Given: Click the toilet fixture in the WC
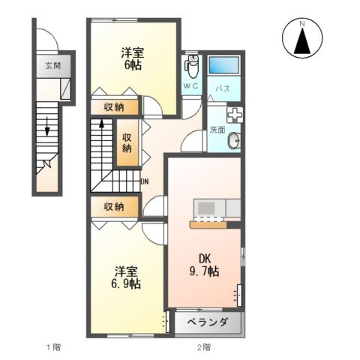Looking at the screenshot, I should [191, 67].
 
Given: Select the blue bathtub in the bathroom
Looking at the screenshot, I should [223, 65].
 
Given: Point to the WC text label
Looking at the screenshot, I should [191, 88].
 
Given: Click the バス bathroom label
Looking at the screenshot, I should [223, 88].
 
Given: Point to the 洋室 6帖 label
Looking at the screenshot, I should [133, 59].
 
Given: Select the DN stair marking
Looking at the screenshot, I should [144, 181].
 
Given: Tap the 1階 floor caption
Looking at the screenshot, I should [52, 347].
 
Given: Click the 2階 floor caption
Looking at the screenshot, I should [204, 347].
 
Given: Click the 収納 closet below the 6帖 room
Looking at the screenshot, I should [115, 106].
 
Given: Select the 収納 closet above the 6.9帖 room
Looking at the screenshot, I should [115, 206].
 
